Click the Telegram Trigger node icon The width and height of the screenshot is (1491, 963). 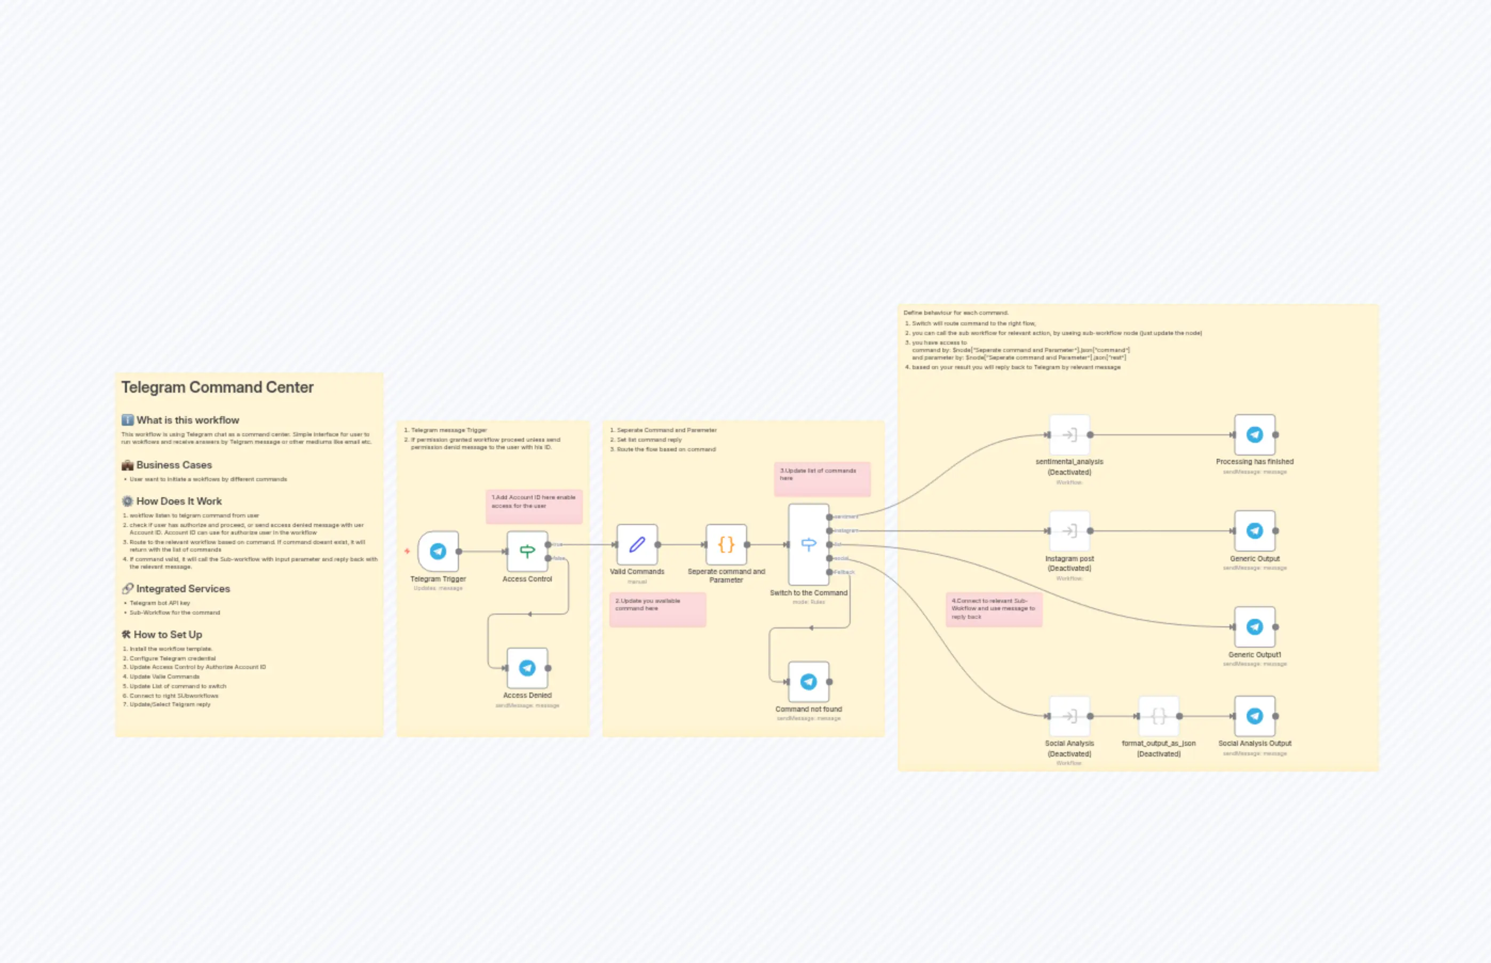[x=438, y=551]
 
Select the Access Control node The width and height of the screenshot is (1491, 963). [x=527, y=551]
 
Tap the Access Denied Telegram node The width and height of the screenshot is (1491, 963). [x=527, y=668]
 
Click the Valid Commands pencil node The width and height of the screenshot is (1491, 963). [x=637, y=544]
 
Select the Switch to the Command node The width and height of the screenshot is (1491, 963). [x=808, y=544]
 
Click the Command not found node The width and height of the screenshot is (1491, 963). [x=808, y=682]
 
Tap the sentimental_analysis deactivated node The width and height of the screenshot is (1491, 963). [x=1069, y=435]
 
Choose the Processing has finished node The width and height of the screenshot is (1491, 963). [x=1254, y=435]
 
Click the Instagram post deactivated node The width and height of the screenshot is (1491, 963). [x=1069, y=531]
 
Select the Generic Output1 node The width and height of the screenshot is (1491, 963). [x=1254, y=626]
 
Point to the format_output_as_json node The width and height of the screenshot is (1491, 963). [x=1159, y=716]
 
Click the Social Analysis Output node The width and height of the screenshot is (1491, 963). [x=1254, y=716]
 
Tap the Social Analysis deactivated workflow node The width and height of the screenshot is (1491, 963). [x=1069, y=716]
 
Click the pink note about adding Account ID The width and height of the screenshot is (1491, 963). [x=534, y=506]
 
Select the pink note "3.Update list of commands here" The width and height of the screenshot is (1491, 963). [x=822, y=479]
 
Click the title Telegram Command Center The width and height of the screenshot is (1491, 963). [x=217, y=388]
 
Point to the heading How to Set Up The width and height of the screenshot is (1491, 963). [x=168, y=635]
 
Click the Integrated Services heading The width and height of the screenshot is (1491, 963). [x=183, y=589]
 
